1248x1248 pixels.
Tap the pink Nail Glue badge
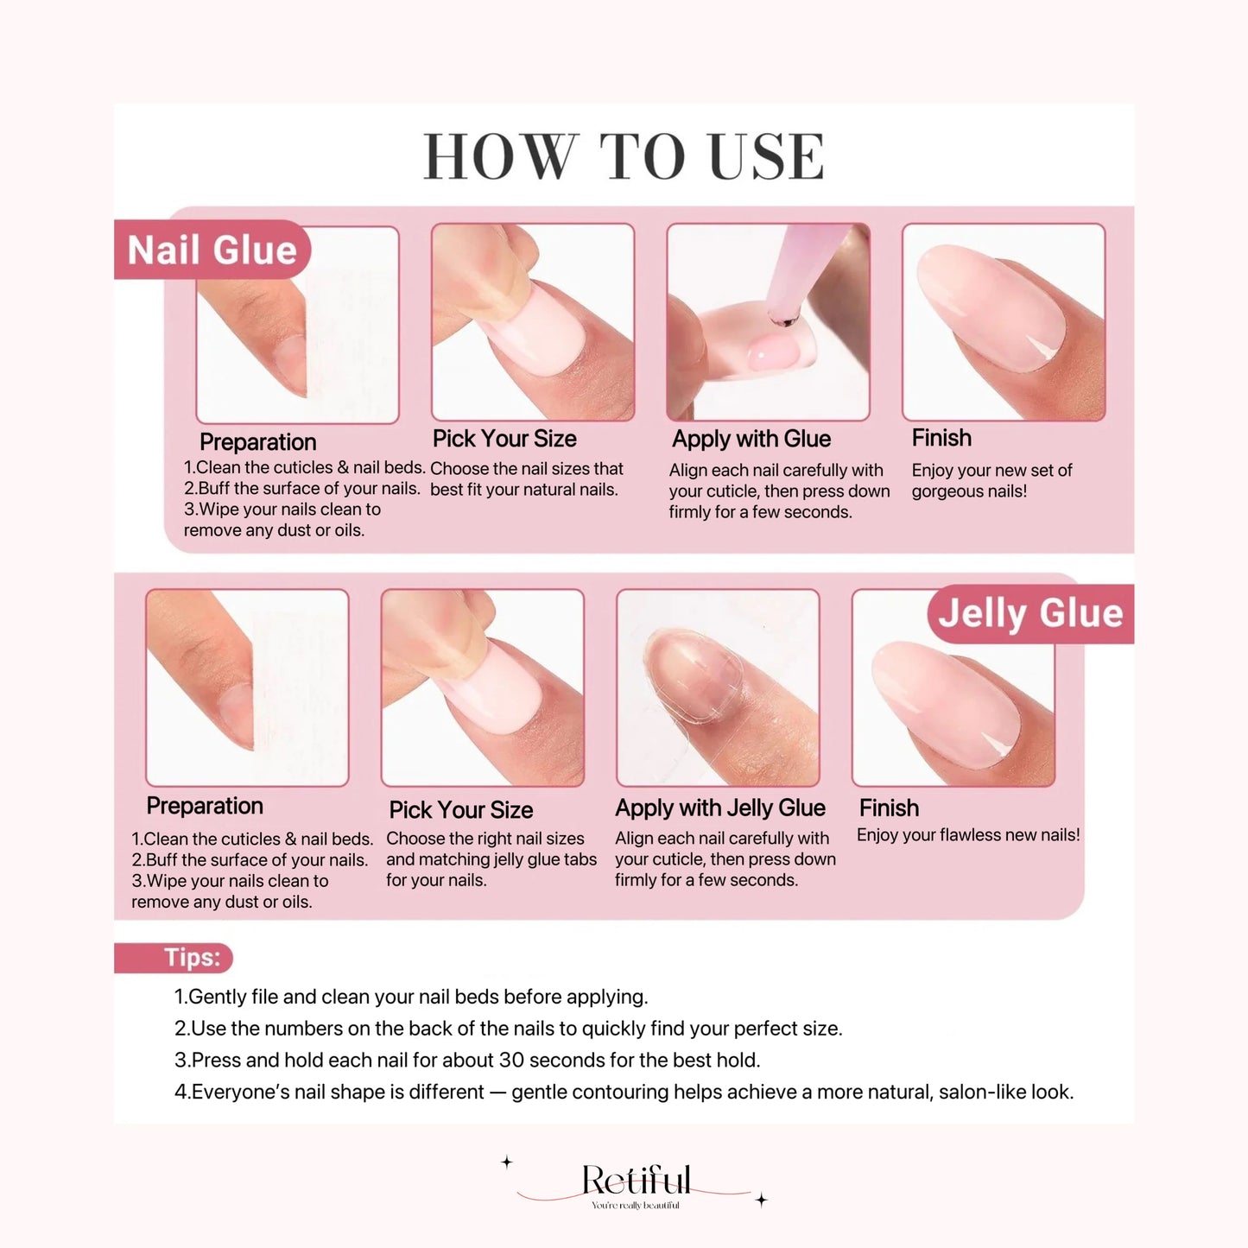click(x=212, y=250)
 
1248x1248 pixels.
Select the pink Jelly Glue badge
click(x=1030, y=613)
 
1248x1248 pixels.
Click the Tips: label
click(x=192, y=958)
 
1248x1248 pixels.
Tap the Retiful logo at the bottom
click(x=636, y=1181)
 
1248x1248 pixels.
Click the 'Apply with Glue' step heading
click(x=751, y=439)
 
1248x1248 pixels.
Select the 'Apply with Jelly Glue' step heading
click(x=720, y=808)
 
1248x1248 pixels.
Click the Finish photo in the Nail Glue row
click(x=1004, y=322)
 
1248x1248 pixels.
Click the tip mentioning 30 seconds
click(x=467, y=1060)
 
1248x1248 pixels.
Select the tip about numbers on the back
click(x=508, y=1029)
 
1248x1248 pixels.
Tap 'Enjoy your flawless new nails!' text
click(x=968, y=835)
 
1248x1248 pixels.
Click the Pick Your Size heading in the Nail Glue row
click(x=504, y=439)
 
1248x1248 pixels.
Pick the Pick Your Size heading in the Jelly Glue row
click(x=461, y=810)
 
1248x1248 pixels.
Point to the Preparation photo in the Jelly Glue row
click(x=247, y=687)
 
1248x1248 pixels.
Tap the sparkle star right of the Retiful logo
click(x=761, y=1200)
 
